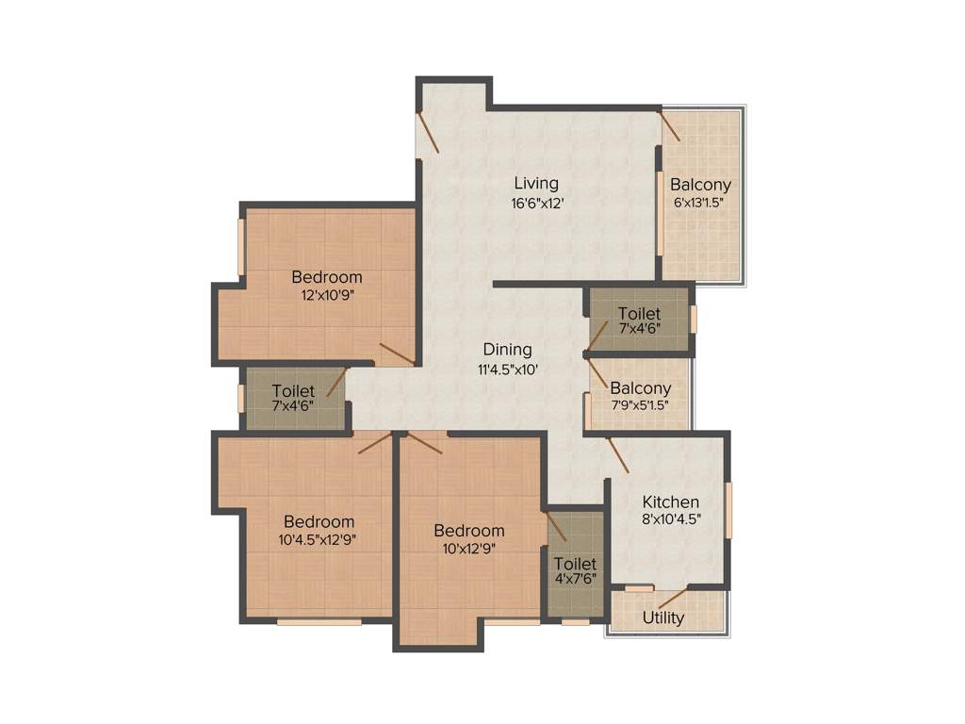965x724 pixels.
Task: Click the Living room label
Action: [x=535, y=183]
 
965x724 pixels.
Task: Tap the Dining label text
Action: [x=507, y=350]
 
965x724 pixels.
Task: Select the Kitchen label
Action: [x=670, y=502]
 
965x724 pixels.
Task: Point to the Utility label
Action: [x=663, y=618]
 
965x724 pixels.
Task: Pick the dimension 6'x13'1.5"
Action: [x=699, y=202]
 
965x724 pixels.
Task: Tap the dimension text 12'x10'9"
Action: [x=326, y=295]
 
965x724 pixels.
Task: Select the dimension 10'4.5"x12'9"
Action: [x=319, y=540]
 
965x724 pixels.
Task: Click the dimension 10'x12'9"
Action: [x=468, y=548]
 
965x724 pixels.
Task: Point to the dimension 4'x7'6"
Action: [x=575, y=581]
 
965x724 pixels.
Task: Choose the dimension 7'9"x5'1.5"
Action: [x=640, y=405]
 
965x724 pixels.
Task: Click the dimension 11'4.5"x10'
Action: [x=507, y=370]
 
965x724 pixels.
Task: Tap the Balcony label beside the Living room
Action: [x=700, y=185]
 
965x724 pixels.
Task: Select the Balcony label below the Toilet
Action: [x=640, y=387]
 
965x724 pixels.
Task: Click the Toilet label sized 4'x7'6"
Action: [x=575, y=564]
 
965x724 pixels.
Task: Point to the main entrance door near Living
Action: [x=427, y=132]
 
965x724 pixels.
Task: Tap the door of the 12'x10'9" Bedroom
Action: [x=396, y=354]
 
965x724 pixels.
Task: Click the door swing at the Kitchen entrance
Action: [x=618, y=454]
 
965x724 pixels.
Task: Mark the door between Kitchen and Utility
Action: [x=672, y=597]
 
